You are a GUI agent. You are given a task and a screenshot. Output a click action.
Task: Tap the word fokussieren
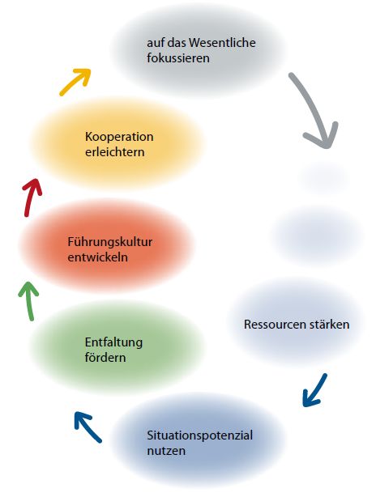pos(178,58)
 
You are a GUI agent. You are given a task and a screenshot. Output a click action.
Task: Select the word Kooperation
pos(119,137)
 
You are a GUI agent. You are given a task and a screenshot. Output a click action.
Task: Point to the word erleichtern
pos(115,152)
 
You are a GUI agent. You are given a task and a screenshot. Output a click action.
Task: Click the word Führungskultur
pos(109,242)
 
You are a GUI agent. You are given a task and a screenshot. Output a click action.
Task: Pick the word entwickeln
pos(98,257)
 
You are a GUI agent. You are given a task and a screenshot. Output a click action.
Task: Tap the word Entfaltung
pos(113,342)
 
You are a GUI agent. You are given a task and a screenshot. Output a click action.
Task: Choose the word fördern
pos(105,358)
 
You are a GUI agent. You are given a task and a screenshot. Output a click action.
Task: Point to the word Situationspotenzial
pos(199,435)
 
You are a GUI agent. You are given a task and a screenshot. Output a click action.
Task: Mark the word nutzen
pos(166,451)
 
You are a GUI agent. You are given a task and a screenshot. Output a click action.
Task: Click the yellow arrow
pos(76,82)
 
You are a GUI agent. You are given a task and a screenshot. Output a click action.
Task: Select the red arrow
pos(31,198)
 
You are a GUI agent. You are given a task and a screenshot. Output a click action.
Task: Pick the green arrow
pos(29,301)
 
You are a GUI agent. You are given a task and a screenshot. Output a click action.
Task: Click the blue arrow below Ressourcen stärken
pos(314,390)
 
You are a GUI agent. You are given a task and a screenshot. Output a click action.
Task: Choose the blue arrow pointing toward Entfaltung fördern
pos(88,427)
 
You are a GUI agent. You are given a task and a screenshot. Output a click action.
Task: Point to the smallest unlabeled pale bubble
pos(323,177)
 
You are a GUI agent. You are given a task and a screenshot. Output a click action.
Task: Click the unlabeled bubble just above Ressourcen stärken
pos(318,236)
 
